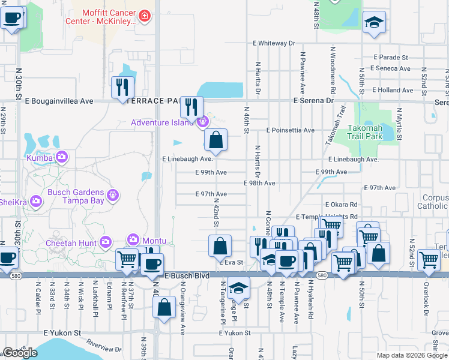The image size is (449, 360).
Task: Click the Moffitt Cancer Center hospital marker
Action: pos(144,16)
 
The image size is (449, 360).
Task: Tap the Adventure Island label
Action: pos(163,123)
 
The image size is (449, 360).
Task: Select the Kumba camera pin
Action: pos(62,157)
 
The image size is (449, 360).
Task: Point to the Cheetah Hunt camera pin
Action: pos(106,242)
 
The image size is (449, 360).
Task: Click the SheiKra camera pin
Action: pos(36,200)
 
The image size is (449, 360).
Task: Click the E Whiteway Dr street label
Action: pos(274,43)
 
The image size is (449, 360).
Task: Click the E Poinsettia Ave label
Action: pos(285,130)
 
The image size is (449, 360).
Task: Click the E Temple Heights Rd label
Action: pos(327,217)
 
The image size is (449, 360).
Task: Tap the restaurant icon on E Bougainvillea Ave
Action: pos(122,87)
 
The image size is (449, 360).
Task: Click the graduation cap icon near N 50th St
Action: pos(374,22)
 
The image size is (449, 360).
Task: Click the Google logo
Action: pos(20,353)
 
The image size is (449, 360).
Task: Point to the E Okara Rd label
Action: pos(341,205)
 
